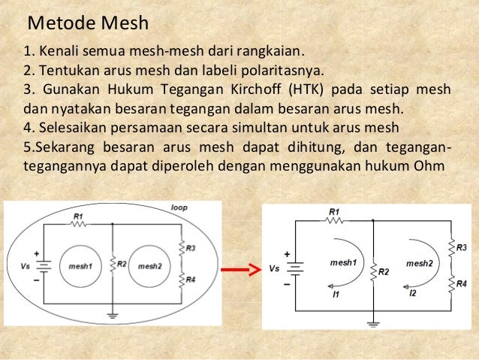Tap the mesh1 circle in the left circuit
[x=81, y=266]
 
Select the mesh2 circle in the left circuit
[x=150, y=266]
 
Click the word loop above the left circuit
[x=179, y=206]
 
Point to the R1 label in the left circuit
[x=77, y=216]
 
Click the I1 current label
[x=336, y=295]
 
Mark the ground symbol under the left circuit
[x=112, y=314]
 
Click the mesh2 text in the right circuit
[x=419, y=263]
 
